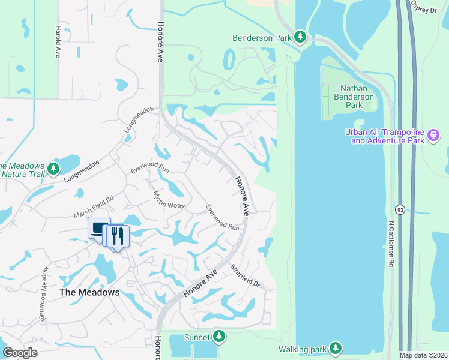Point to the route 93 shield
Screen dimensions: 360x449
399,209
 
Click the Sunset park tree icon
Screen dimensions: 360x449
220,336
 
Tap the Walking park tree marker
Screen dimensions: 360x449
335,348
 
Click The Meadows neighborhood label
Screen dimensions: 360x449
89,293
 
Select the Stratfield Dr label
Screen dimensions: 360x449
245,276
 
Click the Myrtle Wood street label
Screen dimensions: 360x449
168,200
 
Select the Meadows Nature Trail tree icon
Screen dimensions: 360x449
54,169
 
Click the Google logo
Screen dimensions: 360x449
20,353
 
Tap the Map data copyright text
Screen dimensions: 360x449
423,355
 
